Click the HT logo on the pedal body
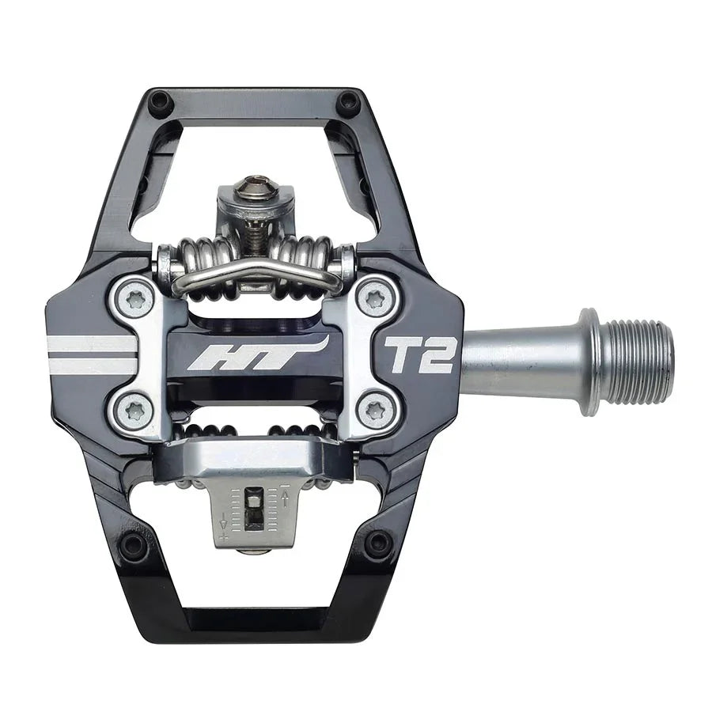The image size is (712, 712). pyautogui.click(x=256, y=353)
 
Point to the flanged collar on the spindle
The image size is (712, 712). pyautogui.click(x=589, y=362)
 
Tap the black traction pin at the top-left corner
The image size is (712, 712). pyautogui.click(x=161, y=102)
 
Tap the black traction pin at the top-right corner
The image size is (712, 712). pyautogui.click(x=347, y=102)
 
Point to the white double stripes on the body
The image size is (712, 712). pyautogui.click(x=91, y=354)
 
